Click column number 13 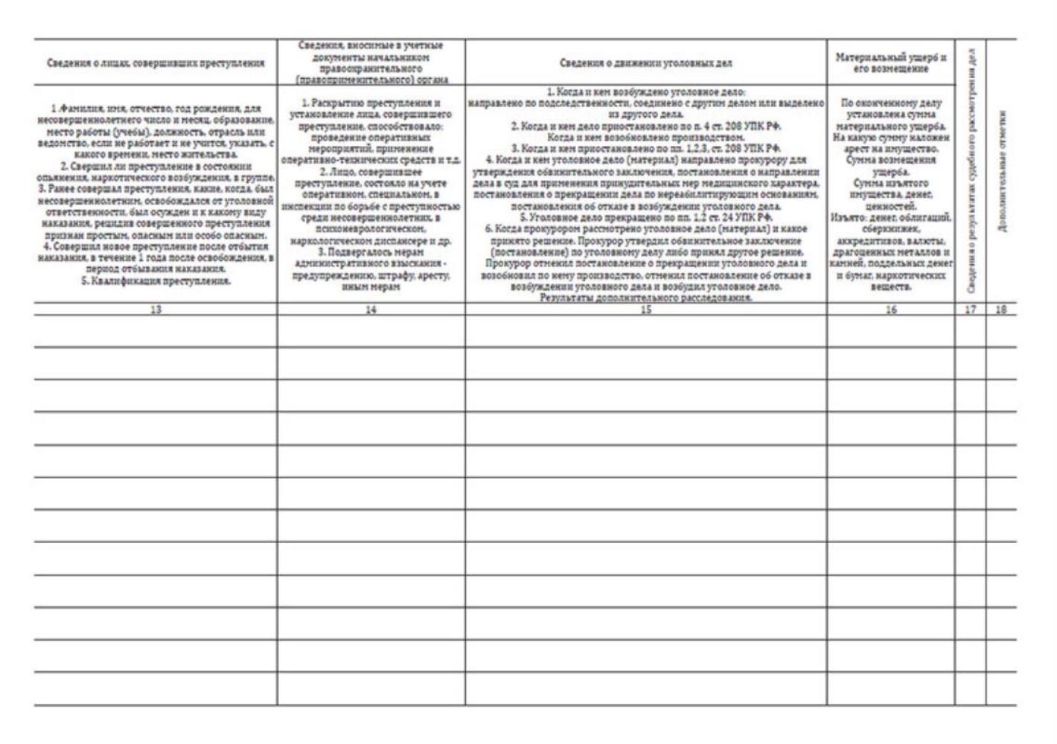(x=156, y=310)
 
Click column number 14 (x=371, y=310)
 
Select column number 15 (x=645, y=310)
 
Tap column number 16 (x=891, y=310)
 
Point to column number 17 (x=971, y=310)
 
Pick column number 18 (x=1001, y=310)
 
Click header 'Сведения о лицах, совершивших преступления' (x=156, y=63)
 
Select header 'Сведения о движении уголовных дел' (x=645, y=63)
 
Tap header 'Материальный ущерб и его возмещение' (x=891, y=63)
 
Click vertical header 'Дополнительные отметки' (x=1002, y=171)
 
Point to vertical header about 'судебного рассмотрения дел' (x=971, y=171)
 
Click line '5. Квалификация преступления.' (x=156, y=280)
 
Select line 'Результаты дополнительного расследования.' (x=645, y=298)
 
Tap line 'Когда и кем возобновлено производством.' (x=645, y=138)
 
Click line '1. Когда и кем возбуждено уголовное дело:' (x=645, y=92)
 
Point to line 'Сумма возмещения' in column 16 (x=891, y=160)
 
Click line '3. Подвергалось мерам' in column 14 (x=371, y=252)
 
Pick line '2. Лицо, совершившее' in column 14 (x=371, y=172)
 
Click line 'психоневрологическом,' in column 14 (x=371, y=229)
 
